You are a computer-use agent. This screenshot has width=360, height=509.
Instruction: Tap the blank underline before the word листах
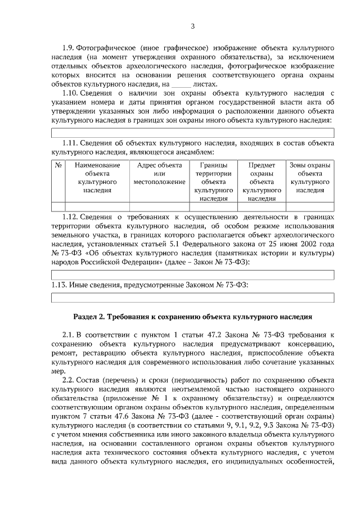(x=181, y=84)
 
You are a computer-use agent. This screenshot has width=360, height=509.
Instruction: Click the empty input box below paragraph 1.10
(x=192, y=133)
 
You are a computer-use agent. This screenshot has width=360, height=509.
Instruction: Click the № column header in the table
(x=58, y=165)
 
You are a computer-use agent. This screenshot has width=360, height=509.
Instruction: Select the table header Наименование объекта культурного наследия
(x=97, y=178)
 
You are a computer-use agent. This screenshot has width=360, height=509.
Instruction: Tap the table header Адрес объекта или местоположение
(x=159, y=174)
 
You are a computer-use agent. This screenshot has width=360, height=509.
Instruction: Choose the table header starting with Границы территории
(x=213, y=182)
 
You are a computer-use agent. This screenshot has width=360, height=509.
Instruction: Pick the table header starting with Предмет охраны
(x=262, y=182)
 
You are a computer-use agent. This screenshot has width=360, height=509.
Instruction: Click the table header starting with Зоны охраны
(x=310, y=178)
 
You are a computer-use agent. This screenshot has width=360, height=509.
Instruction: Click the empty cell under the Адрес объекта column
(x=159, y=206)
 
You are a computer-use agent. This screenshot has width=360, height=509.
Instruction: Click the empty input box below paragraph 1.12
(x=192, y=274)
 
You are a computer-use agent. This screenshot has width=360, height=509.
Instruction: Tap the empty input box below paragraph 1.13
(x=192, y=298)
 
